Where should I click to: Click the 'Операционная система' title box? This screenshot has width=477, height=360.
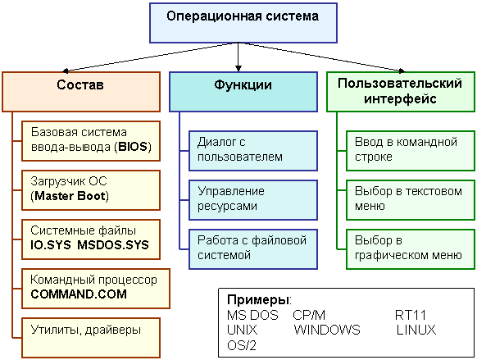click(x=243, y=23)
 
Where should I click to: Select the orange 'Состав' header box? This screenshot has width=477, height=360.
click(x=81, y=92)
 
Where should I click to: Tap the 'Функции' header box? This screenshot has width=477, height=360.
click(x=243, y=92)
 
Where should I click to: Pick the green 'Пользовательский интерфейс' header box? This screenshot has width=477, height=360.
click(x=401, y=92)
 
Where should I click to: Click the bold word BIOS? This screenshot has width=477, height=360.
click(x=133, y=147)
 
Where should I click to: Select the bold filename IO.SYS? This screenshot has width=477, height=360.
click(x=51, y=245)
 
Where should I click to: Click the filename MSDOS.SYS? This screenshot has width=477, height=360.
click(x=113, y=245)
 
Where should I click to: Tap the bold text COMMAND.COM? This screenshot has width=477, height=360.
click(x=79, y=294)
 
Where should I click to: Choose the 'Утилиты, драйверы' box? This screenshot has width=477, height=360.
click(x=91, y=338)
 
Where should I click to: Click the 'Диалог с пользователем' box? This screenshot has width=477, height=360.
click(x=253, y=151)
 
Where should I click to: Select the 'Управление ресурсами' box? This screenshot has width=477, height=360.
click(x=253, y=200)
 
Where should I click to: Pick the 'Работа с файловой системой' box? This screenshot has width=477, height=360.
click(x=253, y=249)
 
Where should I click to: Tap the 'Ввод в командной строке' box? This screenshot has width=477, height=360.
click(x=411, y=151)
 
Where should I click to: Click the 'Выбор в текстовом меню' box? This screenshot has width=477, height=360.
click(x=411, y=200)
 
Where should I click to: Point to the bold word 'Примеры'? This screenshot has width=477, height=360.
click(x=258, y=300)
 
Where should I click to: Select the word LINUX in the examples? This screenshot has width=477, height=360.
click(x=416, y=330)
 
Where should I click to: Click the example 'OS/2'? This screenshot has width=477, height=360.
click(x=242, y=345)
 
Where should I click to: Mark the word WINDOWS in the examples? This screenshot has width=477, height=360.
click(x=327, y=330)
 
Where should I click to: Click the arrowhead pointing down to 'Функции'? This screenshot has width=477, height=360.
click(x=238, y=68)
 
